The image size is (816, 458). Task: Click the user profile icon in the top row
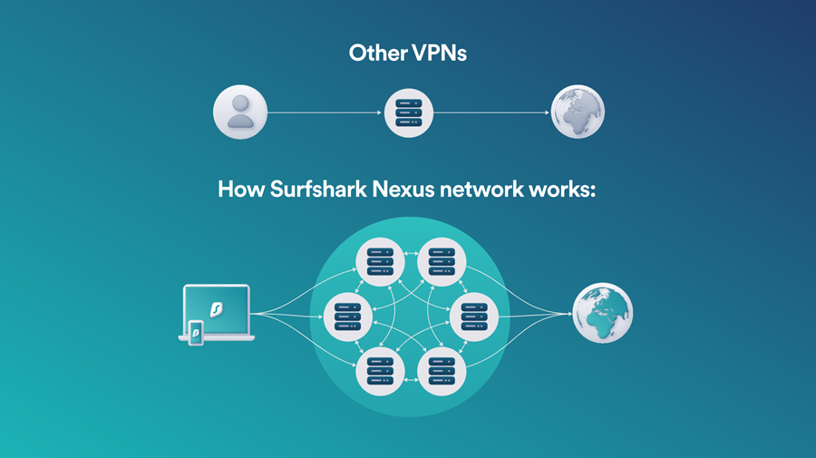point(239,113)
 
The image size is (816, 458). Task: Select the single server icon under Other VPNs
point(408,113)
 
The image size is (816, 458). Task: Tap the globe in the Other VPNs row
point(578,113)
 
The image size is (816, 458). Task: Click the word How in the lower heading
point(239,190)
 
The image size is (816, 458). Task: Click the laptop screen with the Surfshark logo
point(217,308)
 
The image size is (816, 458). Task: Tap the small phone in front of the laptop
point(196,333)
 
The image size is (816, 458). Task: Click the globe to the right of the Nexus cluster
point(602,314)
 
